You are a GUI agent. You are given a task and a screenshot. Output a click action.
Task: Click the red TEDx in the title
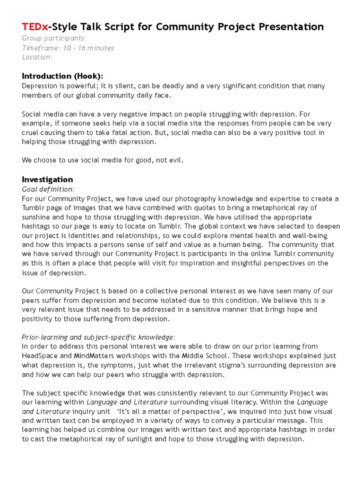click(35, 26)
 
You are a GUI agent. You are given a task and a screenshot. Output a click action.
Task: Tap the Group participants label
click(54, 38)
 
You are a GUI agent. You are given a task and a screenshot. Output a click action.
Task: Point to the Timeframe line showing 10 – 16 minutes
click(68, 48)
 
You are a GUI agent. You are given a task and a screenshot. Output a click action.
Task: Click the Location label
click(37, 57)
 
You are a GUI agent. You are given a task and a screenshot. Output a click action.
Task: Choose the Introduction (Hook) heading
click(62, 77)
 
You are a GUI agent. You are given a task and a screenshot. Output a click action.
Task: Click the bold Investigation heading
click(47, 180)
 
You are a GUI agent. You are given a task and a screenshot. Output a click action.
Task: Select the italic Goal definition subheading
click(48, 190)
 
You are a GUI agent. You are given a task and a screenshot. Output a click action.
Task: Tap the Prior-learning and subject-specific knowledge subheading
click(99, 337)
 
